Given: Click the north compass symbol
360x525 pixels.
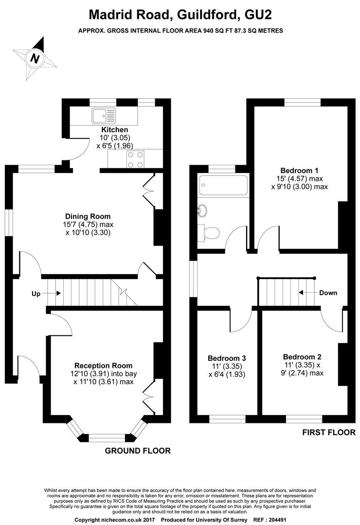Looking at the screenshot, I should point(35,58).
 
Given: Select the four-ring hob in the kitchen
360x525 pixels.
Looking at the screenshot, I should point(136,159).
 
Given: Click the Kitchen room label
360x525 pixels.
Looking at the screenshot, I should point(115,130).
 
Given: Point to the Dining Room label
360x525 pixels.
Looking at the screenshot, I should point(88,216).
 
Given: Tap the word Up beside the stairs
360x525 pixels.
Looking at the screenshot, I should point(36,294).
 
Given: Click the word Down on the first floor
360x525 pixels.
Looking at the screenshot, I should point(328,293).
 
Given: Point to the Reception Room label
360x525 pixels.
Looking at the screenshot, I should point(103,366).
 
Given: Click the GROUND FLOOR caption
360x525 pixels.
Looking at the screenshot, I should point(138,451).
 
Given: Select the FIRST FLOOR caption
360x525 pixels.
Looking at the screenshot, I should point(329,432).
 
